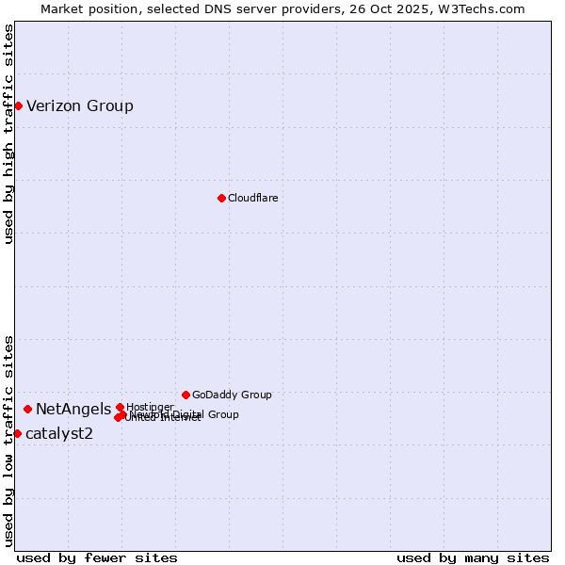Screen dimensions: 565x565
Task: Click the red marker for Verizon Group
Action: click(18, 105)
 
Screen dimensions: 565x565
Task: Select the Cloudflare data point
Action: click(221, 198)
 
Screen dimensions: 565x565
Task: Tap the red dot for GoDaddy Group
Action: click(186, 395)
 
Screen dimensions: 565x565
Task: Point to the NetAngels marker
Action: click(28, 409)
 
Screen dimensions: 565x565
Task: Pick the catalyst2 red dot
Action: click(17, 433)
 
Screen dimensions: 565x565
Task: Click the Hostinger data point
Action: click(120, 407)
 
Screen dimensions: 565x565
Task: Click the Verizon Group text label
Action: click(80, 105)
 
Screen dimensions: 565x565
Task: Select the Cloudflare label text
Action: click(252, 198)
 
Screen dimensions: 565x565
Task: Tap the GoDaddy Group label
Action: click(232, 395)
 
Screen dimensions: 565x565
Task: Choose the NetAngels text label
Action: click(73, 409)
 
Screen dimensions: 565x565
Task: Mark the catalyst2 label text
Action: click(59, 433)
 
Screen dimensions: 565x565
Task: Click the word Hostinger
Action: click(150, 407)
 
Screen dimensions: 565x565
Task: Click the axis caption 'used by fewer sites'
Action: click(97, 557)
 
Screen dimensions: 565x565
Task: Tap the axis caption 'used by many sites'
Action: click(473, 557)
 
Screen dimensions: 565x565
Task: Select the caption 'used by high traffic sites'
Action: click(8, 134)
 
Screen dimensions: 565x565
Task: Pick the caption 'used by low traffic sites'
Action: click(8, 440)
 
